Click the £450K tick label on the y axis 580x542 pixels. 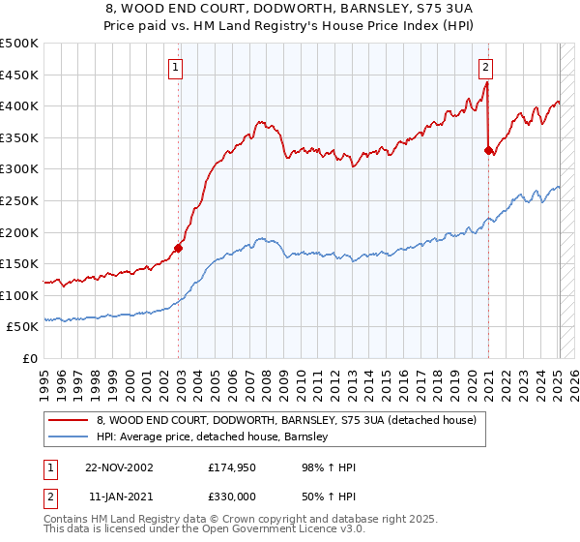19,75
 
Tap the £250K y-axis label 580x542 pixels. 19,200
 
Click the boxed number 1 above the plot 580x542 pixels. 175,67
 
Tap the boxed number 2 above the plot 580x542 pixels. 485,67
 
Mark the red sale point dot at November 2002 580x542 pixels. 179,248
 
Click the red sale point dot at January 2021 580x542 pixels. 488,149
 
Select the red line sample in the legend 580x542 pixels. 68,421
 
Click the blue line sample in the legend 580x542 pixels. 68,437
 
